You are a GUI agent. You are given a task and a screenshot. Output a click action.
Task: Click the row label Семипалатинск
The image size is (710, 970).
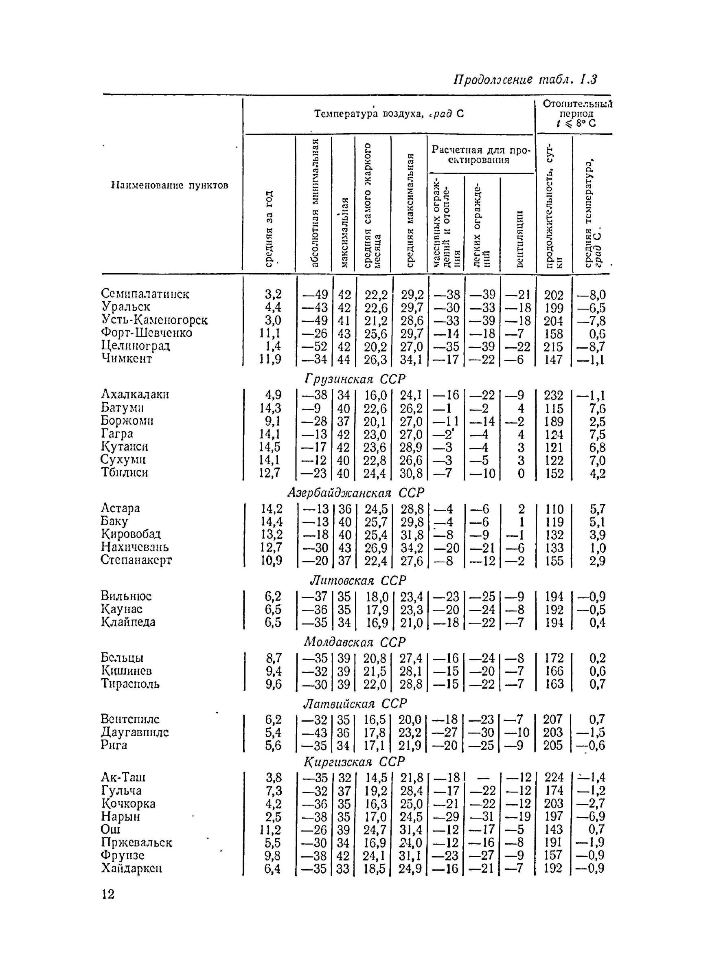pos(145,294)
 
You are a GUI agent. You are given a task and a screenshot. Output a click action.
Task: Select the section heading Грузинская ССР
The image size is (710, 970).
pos(355,379)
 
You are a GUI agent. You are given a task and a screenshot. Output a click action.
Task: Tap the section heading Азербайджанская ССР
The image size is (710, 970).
pos(355,492)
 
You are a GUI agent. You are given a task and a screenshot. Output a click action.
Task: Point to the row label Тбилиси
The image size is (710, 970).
pos(125,472)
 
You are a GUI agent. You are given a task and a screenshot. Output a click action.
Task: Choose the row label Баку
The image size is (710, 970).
pos(114,521)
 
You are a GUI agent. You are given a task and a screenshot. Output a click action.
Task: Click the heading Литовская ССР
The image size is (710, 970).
pos(358,581)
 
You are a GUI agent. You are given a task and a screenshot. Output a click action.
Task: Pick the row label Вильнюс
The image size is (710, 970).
pos(126,596)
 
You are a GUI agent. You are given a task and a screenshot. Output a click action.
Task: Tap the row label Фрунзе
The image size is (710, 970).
pos(123,855)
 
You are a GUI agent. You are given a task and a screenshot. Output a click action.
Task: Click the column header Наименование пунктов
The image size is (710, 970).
pos(170,185)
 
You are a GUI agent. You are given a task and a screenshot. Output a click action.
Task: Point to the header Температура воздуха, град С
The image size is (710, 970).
pos(389,114)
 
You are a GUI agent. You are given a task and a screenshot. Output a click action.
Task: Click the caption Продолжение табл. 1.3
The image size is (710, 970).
pos(525,79)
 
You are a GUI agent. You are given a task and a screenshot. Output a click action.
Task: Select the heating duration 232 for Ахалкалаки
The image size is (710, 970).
pos(554,395)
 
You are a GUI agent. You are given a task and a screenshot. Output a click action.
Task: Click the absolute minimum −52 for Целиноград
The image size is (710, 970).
pos(315,347)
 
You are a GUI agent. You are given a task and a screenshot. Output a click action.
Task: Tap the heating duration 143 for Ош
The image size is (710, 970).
pos(553,829)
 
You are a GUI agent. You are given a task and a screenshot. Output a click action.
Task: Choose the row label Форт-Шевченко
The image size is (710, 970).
pos(147,333)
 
